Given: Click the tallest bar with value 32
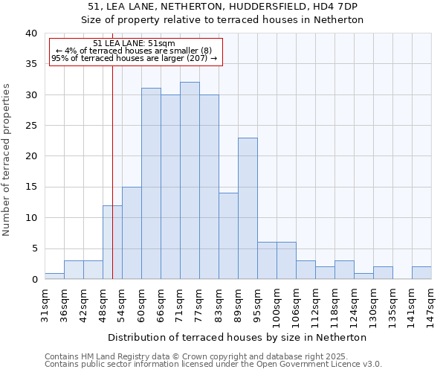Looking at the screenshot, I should coord(190,181).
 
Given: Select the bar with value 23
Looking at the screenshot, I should coord(248,208).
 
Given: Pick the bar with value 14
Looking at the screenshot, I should coord(228,236).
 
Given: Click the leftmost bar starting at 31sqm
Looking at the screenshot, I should coord(54,276).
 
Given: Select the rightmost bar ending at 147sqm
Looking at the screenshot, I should coord(421,273).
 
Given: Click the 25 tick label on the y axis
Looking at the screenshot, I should coord(30,126).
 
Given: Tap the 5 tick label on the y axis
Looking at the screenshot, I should coord(33,249).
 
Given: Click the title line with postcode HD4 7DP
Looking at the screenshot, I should coord(222,7).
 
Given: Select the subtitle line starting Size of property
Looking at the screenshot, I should coord(222,20).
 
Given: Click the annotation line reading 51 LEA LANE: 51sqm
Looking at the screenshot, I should coord(135,43).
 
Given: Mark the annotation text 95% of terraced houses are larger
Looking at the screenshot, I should coord(135,58).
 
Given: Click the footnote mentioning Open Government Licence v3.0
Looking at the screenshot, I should coord(213,365).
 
